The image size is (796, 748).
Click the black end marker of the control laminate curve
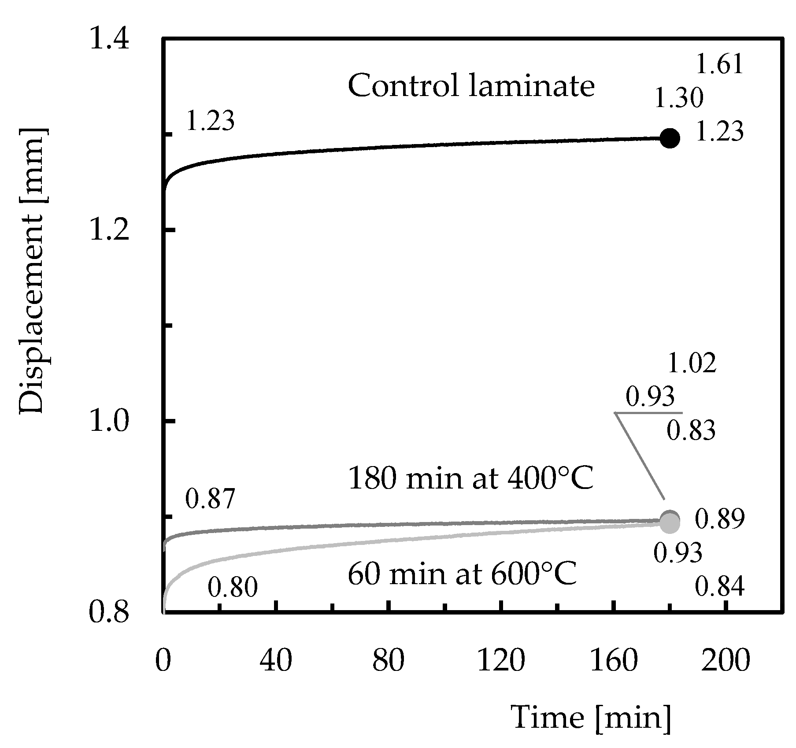click(x=670, y=138)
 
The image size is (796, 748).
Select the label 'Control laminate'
click(x=471, y=86)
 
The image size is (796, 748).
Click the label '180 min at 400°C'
click(x=470, y=478)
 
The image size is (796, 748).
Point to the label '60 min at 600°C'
click(x=462, y=574)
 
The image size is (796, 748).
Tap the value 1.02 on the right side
click(x=692, y=364)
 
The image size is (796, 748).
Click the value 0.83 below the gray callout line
click(x=691, y=430)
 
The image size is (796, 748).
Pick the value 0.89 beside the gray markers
click(x=719, y=519)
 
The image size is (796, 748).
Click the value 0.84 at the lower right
click(x=719, y=587)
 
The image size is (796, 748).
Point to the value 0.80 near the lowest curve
click(x=232, y=588)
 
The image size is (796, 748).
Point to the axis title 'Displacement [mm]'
click(x=32, y=271)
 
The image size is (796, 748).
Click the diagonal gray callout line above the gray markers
click(x=640, y=456)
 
